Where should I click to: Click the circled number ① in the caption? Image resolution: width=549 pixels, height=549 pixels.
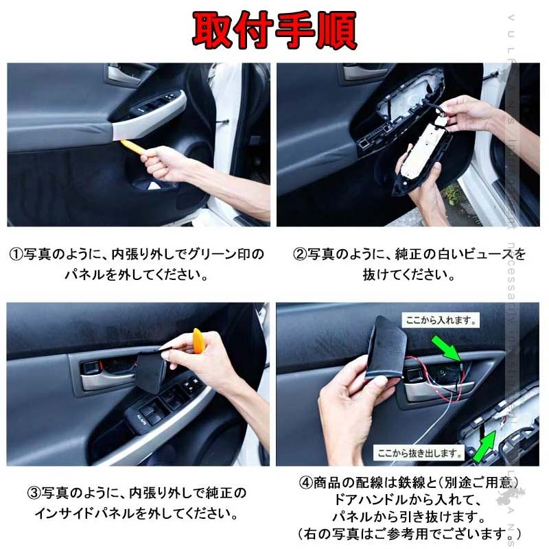tap(16, 255)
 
